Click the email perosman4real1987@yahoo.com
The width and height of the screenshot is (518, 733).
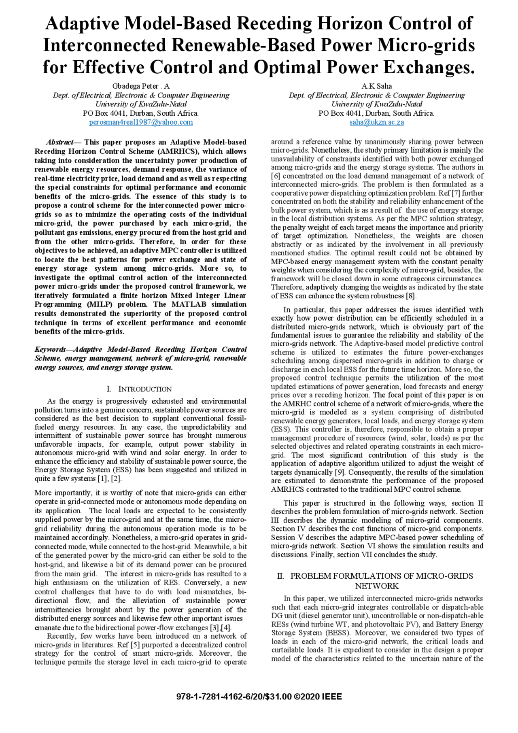click(x=141, y=122)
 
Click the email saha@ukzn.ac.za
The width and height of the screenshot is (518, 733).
click(x=376, y=122)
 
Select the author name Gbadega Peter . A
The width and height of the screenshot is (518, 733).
click(x=141, y=86)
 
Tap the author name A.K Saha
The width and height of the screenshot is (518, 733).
click(x=376, y=86)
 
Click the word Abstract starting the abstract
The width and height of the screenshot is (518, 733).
click(x=59, y=142)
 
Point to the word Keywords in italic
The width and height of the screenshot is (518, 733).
click(x=50, y=350)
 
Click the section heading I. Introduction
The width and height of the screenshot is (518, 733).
click(x=139, y=389)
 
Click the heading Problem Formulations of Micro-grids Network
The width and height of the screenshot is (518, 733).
click(x=376, y=581)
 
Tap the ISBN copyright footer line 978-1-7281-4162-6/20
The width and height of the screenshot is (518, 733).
click(x=259, y=697)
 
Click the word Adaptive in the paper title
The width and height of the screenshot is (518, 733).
click(x=82, y=23)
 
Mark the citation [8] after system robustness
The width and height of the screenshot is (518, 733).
click(x=411, y=296)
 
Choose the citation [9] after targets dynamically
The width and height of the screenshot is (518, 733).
click(x=339, y=472)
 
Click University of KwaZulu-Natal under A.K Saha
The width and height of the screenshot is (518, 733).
click(x=376, y=104)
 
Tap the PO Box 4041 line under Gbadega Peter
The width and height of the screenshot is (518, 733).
click(x=141, y=113)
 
